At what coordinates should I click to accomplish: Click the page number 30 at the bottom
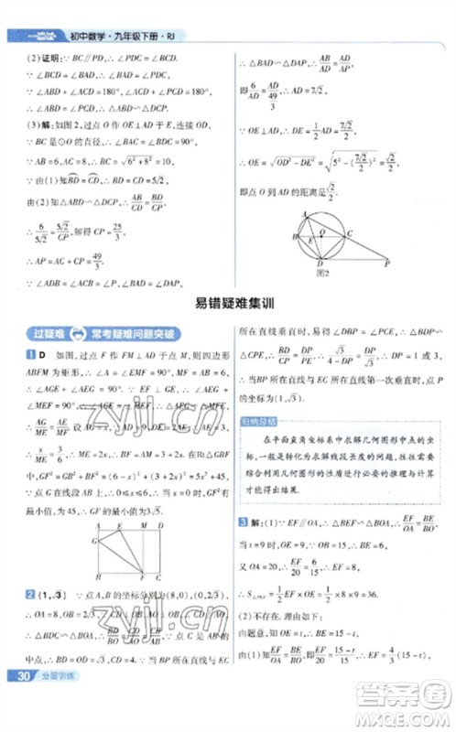pos(19,702)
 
